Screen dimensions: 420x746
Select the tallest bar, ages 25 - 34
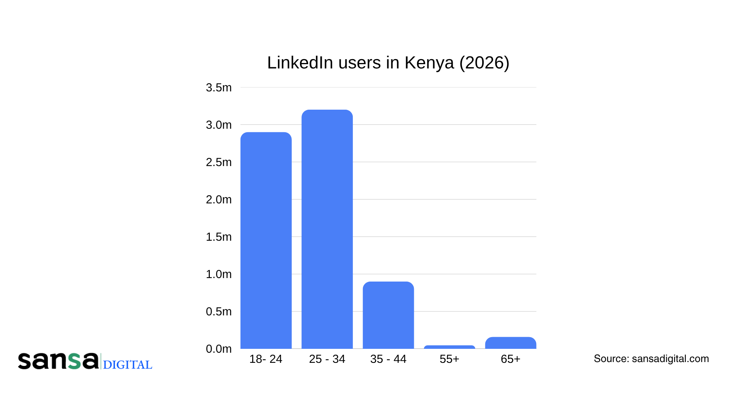click(x=327, y=229)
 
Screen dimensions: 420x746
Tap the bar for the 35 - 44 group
click(x=388, y=315)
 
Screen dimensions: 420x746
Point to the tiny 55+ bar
click(x=449, y=347)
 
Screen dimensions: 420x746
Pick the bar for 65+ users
click(x=511, y=343)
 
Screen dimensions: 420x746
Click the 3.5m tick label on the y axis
click(x=218, y=87)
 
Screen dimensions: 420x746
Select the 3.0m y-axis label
click(x=218, y=125)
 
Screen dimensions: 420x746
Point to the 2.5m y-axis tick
click(x=218, y=162)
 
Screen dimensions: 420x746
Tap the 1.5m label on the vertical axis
click(x=218, y=237)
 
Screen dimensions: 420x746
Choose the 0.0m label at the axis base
click(x=218, y=349)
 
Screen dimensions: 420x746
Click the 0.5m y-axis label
click(x=218, y=311)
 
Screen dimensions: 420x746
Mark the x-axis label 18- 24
click(x=266, y=359)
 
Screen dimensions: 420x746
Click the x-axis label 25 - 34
click(x=327, y=359)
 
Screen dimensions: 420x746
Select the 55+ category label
click(x=449, y=359)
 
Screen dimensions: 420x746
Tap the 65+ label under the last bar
click(x=511, y=359)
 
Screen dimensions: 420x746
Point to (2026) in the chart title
click(x=484, y=63)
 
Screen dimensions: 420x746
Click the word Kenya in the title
click(x=429, y=63)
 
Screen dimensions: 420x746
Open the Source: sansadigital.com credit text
click(x=651, y=359)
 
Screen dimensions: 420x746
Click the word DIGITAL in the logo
click(x=127, y=365)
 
